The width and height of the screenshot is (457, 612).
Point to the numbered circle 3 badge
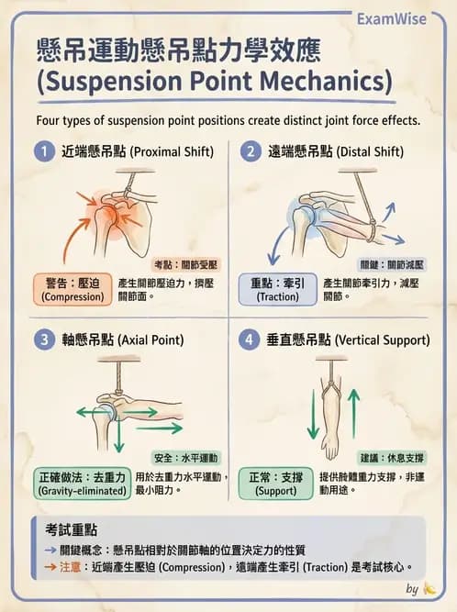click(x=42, y=340)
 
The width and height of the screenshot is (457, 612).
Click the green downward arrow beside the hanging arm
click(x=312, y=413)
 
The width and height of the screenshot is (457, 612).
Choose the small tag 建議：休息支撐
click(x=393, y=456)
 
